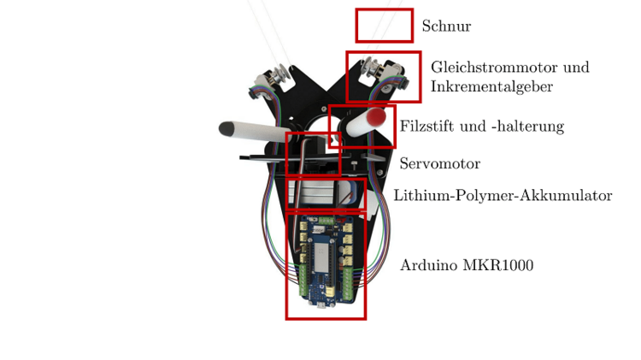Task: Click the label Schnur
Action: point(446,26)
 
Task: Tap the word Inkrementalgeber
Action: point(491,86)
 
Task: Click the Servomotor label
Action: point(440,163)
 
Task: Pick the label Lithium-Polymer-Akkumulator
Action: point(503,196)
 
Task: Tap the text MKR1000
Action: point(498,265)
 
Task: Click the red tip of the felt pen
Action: point(376,116)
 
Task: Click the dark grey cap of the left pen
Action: point(226,129)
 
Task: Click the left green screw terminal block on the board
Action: point(303,280)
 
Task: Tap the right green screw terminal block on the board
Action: point(348,282)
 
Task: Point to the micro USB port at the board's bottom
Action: point(321,305)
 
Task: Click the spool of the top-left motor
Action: point(281,74)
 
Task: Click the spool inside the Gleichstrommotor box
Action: point(370,68)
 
